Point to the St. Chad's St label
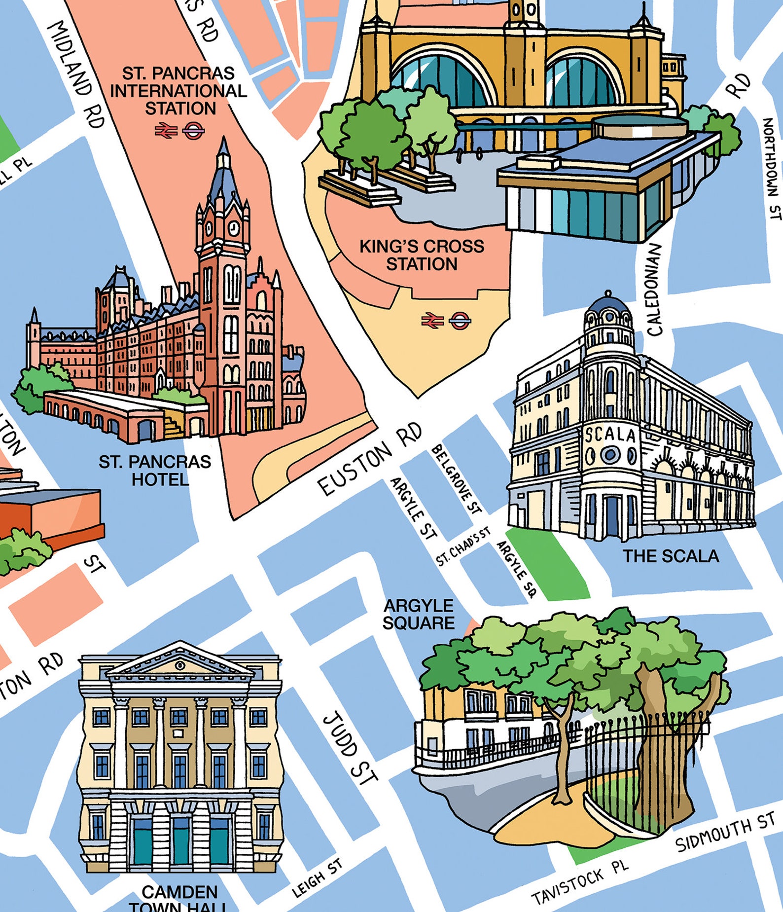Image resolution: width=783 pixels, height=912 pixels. point(463,546)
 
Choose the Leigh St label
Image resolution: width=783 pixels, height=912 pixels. point(317,878)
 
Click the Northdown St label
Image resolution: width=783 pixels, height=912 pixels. point(772,168)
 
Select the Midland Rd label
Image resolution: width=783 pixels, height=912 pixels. point(76,74)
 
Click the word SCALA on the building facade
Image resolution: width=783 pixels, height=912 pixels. point(610,435)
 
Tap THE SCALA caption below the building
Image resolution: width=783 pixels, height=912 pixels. point(671,556)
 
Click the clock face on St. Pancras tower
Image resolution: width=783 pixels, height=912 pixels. point(234,228)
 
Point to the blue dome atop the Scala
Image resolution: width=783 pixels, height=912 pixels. point(608,304)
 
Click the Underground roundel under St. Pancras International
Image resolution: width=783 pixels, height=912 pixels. point(193,131)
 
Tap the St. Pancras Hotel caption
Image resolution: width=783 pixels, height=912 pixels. point(155,470)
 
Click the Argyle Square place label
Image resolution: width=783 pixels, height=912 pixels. point(418,614)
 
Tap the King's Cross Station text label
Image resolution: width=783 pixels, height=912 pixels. point(422,255)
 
